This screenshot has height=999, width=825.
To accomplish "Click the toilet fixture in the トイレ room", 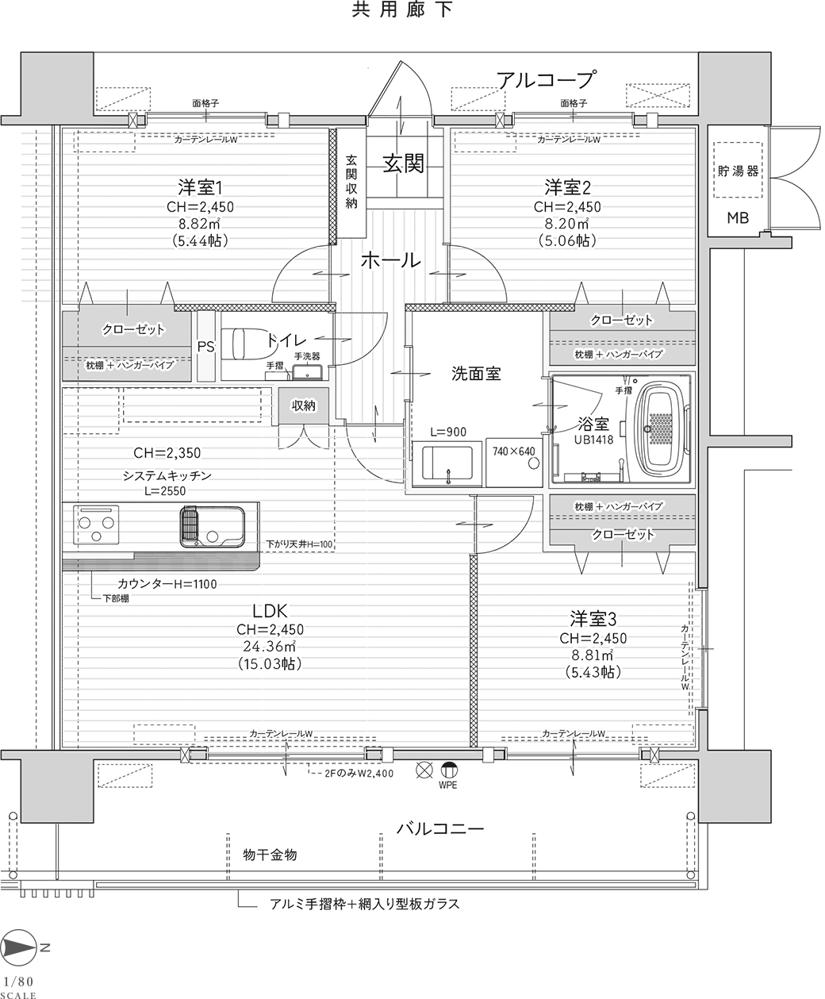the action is (x=252, y=344).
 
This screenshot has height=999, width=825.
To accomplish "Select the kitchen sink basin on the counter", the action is (x=213, y=526).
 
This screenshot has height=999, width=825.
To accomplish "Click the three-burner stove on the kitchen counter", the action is (x=96, y=524).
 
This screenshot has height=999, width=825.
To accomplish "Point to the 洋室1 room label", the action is (x=200, y=187).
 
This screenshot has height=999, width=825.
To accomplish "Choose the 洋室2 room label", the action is (x=568, y=187).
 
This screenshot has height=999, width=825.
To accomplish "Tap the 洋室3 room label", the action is (x=593, y=619).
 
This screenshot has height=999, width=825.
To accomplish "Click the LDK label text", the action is (x=270, y=611).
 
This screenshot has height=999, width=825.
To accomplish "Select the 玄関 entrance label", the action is (x=403, y=164).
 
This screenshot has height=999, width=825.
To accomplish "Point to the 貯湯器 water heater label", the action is (x=738, y=171).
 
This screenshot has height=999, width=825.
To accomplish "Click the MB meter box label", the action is (x=738, y=218).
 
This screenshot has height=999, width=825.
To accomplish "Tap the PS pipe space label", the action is (x=206, y=347).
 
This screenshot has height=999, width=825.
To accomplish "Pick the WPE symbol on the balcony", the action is (x=449, y=770).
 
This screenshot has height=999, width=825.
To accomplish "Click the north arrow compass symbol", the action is (x=18, y=947).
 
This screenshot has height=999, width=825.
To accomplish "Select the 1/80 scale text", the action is (x=18, y=981).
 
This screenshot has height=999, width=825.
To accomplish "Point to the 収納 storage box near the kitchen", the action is (x=304, y=405).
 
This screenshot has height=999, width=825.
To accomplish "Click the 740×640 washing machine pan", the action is (x=514, y=462).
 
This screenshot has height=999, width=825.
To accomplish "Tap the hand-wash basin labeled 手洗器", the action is (x=308, y=372).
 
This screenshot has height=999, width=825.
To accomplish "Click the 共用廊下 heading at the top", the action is (x=402, y=10).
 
